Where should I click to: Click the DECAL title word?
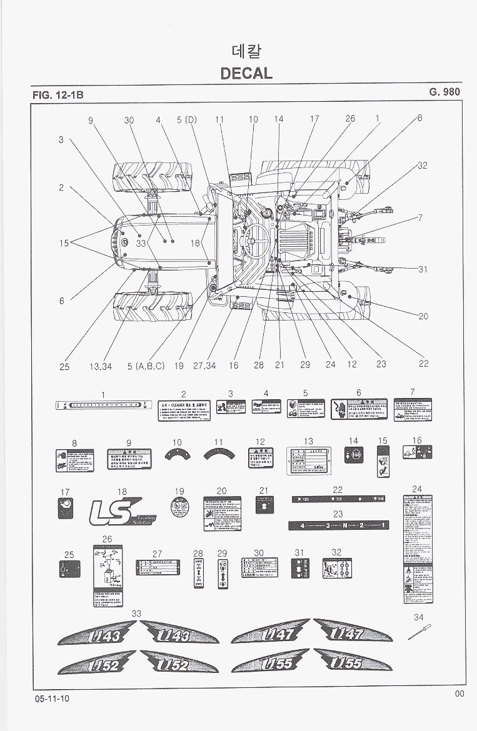coord(246,73)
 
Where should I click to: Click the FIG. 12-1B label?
coord(58,95)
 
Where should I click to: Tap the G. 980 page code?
coord(444,92)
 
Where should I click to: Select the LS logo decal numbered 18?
coord(123,512)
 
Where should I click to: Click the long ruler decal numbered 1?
coord(103,405)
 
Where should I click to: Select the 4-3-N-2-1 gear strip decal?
coord(338,525)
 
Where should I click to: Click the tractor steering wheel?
coord(256,236)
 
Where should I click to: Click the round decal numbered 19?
coord(179,507)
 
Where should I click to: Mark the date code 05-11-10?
coord(53,699)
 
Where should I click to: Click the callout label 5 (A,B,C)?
coord(146,366)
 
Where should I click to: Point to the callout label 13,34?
coord(101,366)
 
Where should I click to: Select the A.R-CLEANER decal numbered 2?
coord(184,409)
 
